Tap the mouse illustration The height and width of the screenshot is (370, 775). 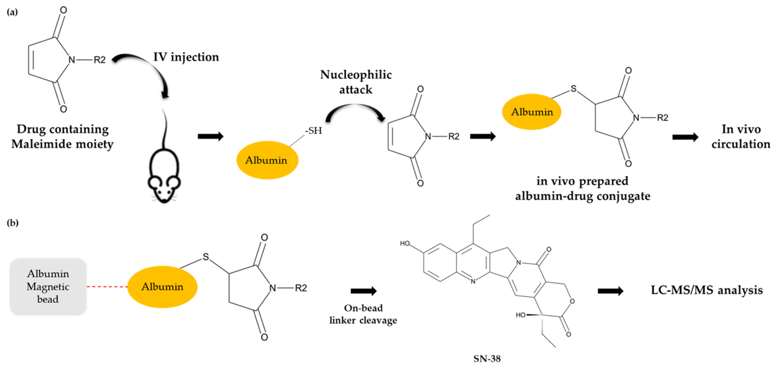(x=164, y=174)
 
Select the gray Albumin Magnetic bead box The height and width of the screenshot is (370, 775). (x=48, y=286)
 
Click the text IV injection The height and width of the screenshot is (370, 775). (x=186, y=57)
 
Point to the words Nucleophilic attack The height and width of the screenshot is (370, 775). (x=356, y=82)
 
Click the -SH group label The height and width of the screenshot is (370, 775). (x=314, y=131)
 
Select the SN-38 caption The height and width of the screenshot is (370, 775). (x=487, y=359)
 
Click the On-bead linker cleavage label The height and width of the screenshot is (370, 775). (x=363, y=314)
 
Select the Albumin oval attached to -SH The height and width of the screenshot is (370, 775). (x=267, y=160)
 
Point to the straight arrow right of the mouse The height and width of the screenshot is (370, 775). (x=211, y=136)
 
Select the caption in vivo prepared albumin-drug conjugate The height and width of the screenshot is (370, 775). (x=582, y=188)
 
